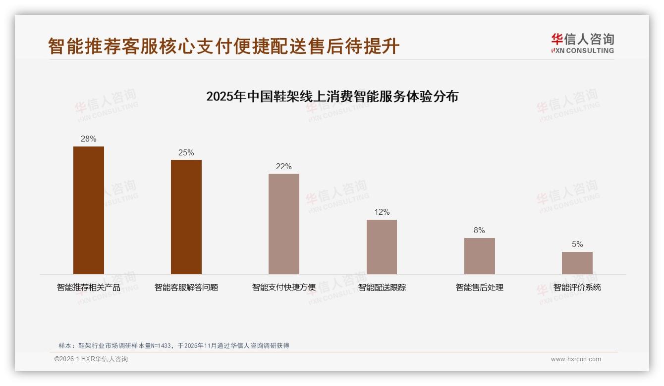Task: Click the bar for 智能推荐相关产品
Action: click(89, 210)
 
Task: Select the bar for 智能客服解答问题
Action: click(186, 217)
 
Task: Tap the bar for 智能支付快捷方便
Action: click(284, 224)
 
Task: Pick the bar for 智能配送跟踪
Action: click(382, 247)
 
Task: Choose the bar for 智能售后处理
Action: click(479, 256)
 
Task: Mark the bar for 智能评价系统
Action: click(577, 263)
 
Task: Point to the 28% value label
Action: click(89, 139)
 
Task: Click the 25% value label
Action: click(186, 152)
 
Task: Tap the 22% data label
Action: click(284, 166)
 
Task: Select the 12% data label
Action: click(382, 212)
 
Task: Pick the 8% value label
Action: click(479, 231)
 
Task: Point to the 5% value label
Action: click(577, 244)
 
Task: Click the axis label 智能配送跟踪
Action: click(382, 288)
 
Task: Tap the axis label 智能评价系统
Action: click(577, 288)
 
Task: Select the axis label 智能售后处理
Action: click(479, 288)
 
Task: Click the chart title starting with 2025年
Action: click(332, 96)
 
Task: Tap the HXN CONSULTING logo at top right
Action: click(582, 44)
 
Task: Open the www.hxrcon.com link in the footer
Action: click(576, 359)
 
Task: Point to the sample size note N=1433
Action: click(173, 346)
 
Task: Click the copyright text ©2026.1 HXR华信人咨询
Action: click(91, 359)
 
